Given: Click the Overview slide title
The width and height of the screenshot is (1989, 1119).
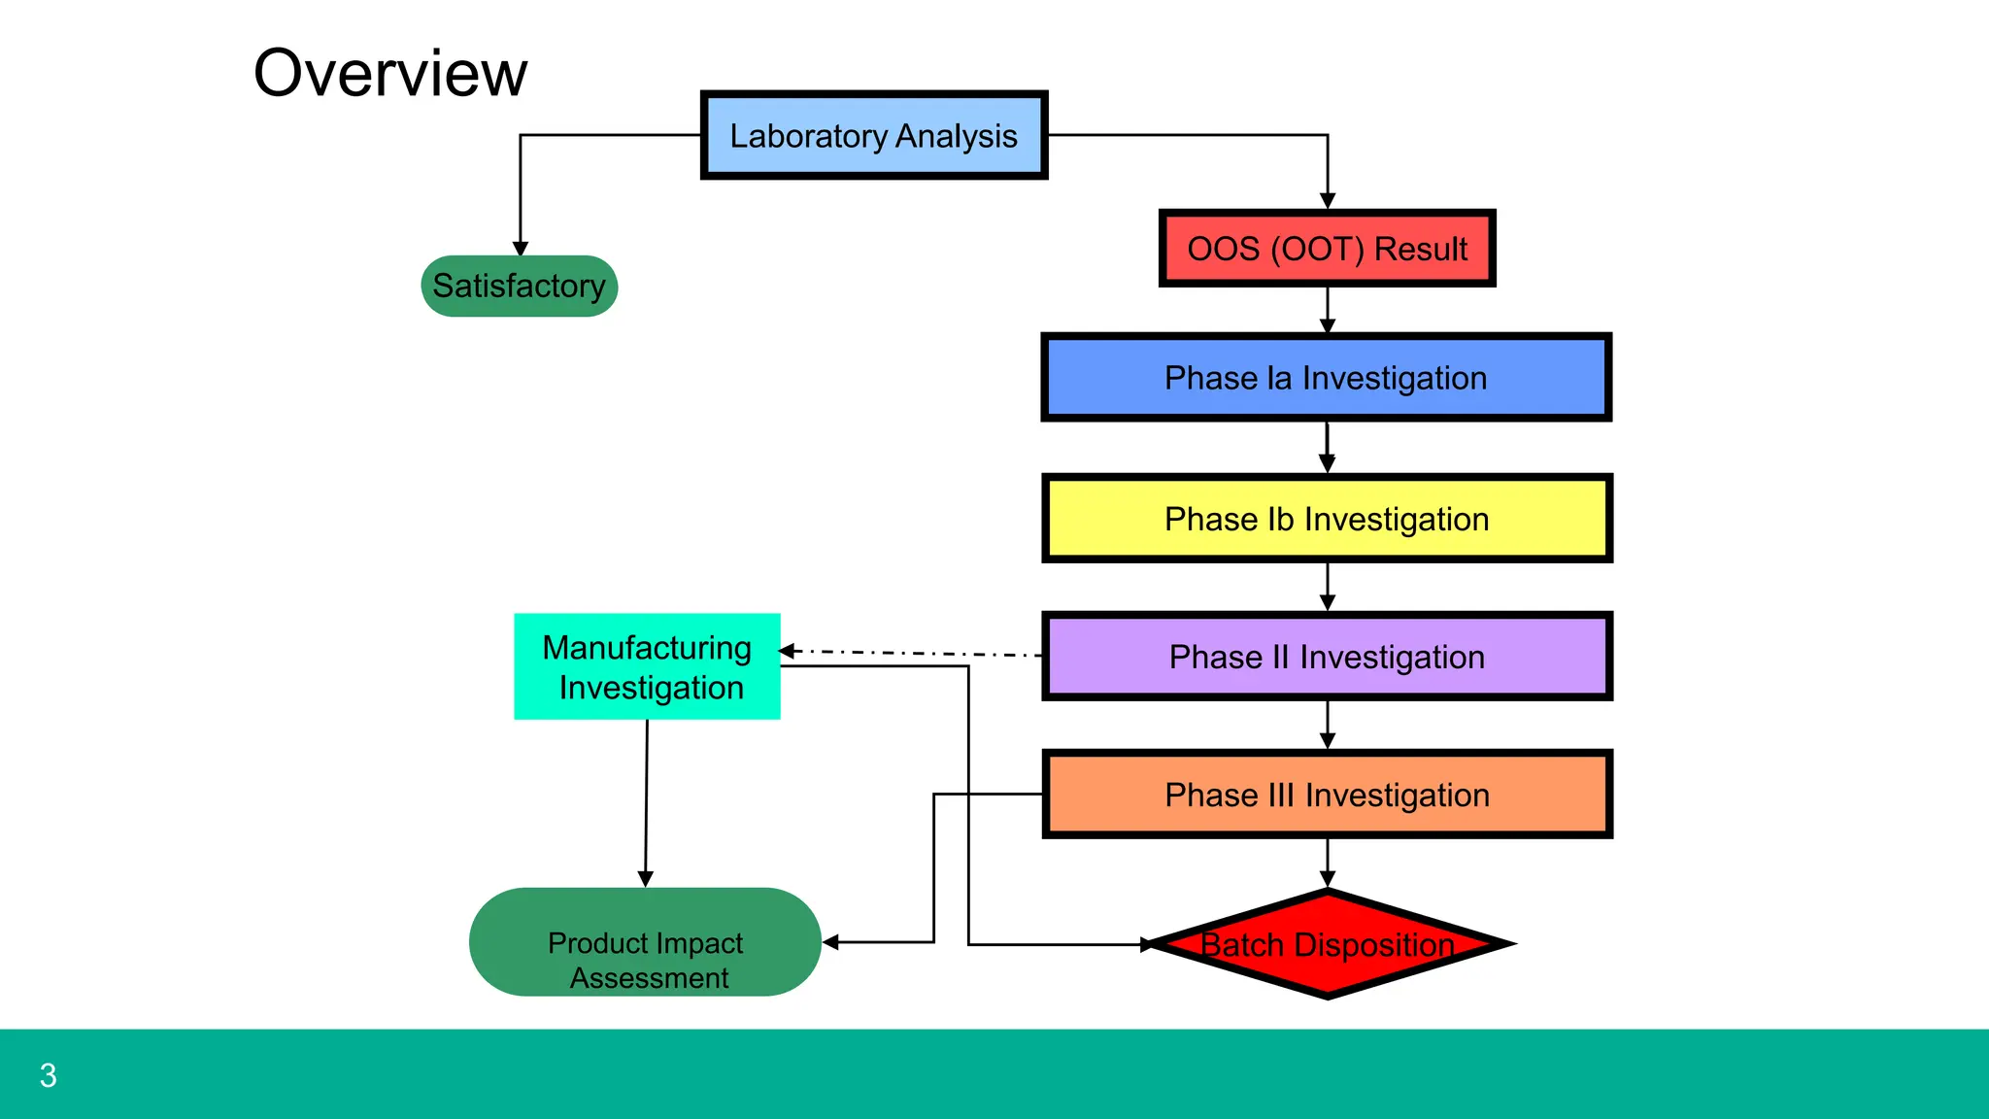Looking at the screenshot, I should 389,74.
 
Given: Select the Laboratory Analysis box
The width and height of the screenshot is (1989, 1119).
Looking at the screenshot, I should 873,136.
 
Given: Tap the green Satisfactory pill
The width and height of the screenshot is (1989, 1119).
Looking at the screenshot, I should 519,287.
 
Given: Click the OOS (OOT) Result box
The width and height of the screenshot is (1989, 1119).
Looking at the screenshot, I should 1327,250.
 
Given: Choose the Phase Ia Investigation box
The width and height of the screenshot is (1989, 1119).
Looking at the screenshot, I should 1326,378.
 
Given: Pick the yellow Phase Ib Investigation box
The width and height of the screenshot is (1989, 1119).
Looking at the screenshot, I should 1327,520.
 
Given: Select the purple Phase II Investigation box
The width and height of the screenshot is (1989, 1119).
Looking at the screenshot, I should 1327,658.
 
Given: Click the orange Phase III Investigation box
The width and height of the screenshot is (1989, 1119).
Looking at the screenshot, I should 1327,796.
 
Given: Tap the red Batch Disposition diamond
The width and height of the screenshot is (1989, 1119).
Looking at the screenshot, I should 1327,945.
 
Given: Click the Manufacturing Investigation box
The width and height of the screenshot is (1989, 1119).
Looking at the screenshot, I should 647,667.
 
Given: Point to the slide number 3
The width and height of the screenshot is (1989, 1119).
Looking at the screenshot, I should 48,1076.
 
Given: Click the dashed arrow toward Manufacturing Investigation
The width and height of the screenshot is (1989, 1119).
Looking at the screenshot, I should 913,654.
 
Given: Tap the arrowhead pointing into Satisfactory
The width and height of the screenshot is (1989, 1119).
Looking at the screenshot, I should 521,249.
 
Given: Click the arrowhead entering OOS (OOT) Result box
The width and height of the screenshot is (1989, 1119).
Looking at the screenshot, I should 1328,201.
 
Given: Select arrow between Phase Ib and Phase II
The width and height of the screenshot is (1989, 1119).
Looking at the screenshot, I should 1328,588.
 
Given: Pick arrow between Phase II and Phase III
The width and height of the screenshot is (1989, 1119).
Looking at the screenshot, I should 1328,726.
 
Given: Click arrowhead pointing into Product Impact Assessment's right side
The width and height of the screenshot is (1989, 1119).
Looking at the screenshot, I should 831,942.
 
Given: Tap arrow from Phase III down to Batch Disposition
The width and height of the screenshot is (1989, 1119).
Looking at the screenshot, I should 1328,863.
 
